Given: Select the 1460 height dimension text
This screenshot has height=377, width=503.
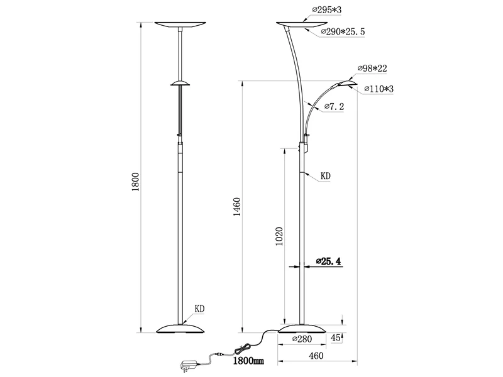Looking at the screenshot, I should (237, 207).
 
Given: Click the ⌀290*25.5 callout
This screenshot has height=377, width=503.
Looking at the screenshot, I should (343, 31).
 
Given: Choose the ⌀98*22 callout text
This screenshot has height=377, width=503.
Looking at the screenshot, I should (372, 67).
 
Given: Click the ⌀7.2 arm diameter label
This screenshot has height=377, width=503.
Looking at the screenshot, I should (333, 108).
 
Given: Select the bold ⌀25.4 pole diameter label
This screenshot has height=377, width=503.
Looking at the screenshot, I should (328, 261).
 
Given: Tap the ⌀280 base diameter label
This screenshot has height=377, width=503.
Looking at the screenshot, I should (303, 339).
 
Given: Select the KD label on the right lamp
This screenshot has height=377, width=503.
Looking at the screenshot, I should (325, 177).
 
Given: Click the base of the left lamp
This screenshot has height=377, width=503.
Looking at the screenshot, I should (180, 328).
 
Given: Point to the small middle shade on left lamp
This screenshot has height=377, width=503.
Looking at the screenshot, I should (180, 83).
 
